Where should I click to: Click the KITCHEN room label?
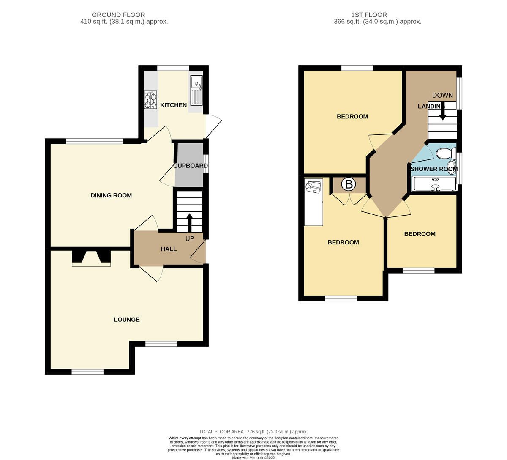(x=173, y=105)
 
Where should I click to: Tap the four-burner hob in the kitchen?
(x=150, y=100)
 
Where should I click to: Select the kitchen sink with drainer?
(x=196, y=90)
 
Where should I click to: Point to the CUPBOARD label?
(x=191, y=166)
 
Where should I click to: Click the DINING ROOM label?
(x=111, y=195)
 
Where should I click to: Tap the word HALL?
(x=169, y=249)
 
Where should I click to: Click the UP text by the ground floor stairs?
(x=190, y=238)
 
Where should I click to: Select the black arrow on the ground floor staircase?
(x=190, y=223)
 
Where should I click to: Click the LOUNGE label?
(x=127, y=320)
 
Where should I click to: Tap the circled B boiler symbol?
(x=349, y=184)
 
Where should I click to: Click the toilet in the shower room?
(x=446, y=153)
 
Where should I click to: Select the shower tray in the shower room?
(x=434, y=183)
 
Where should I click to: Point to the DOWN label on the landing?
(x=442, y=95)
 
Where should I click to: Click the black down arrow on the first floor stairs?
(x=442, y=111)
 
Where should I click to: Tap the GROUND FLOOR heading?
(x=118, y=15)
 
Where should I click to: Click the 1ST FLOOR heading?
(x=369, y=15)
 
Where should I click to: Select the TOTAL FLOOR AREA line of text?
(x=253, y=432)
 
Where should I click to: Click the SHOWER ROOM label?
(x=434, y=169)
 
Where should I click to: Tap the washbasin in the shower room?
(x=451, y=167)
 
